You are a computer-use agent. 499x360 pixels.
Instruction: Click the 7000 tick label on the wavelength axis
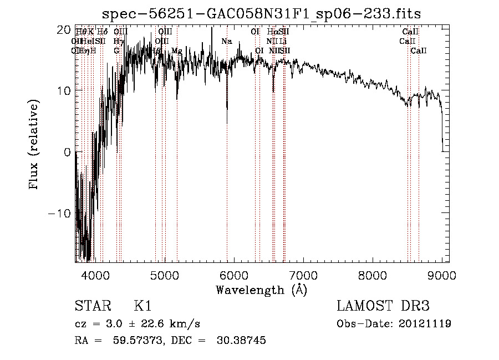[303, 275]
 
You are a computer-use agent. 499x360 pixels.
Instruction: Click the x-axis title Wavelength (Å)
[261, 290]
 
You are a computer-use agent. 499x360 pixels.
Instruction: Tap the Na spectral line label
[226, 42]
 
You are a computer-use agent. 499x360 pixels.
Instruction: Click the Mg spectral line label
[177, 51]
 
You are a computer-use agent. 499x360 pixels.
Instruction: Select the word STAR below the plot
[92, 306]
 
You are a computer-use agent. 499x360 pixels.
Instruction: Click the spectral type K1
[142, 306]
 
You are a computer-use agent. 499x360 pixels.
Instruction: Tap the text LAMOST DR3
[383, 306]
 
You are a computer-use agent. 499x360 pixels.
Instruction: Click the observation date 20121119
[425, 323]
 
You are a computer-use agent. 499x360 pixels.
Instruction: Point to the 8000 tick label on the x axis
[372, 275]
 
